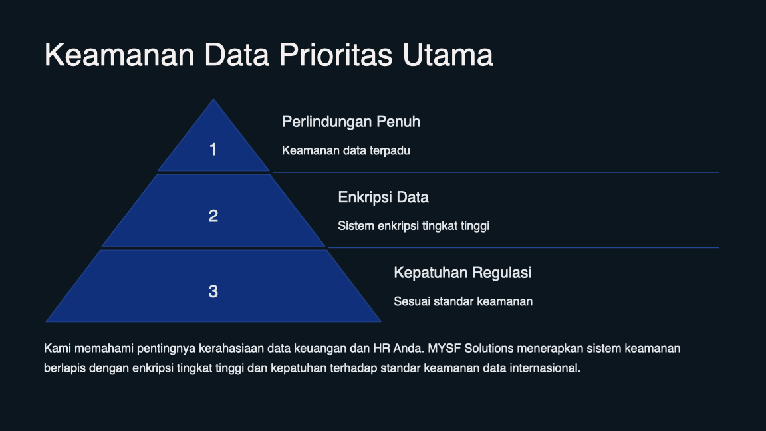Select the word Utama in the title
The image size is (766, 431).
[447, 55]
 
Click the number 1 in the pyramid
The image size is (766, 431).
[213, 150]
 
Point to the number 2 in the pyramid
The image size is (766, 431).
[213, 216]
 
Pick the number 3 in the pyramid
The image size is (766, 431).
[213, 291]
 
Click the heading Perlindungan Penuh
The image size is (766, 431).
[350, 122]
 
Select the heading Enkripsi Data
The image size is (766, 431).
[383, 198]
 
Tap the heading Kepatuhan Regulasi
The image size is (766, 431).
[462, 273]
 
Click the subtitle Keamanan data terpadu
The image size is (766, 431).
[346, 150]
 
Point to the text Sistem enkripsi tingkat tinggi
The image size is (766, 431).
[413, 226]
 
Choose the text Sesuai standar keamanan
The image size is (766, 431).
[463, 301]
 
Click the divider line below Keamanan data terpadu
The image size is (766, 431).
[495, 172]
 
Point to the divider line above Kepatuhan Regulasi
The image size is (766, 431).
[523, 248]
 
